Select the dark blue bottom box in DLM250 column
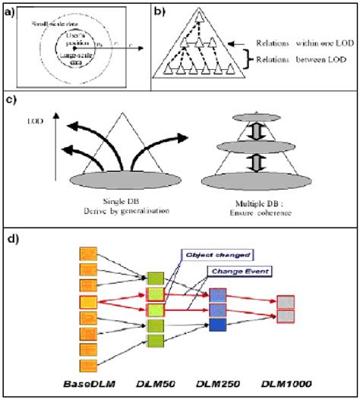(217, 325)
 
